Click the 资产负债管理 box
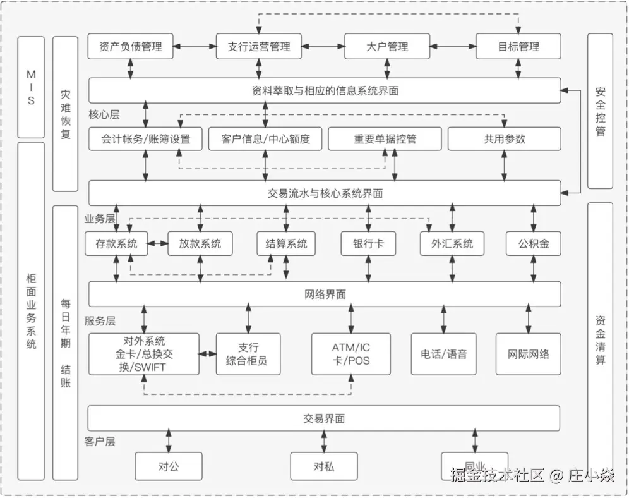tap(131, 47)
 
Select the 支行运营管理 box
tap(259, 47)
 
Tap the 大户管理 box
tap(387, 47)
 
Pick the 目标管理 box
tap(518, 47)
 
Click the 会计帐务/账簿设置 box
tap(146, 139)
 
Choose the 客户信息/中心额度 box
tap(266, 139)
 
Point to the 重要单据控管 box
tap(385, 139)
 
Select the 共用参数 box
tap(505, 139)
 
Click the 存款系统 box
tap(116, 243)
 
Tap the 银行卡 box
tap(368, 243)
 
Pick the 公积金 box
tap(534, 243)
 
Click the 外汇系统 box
tap(452, 243)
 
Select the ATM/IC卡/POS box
tap(351, 354)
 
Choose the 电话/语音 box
tap(444, 354)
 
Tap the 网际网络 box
tap(529, 354)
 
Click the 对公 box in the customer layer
tap(169, 466)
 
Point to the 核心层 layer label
tap(104, 115)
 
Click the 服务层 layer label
tap(100, 321)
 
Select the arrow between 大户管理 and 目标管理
tap(453, 47)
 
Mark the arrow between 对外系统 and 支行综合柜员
tap(208, 354)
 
